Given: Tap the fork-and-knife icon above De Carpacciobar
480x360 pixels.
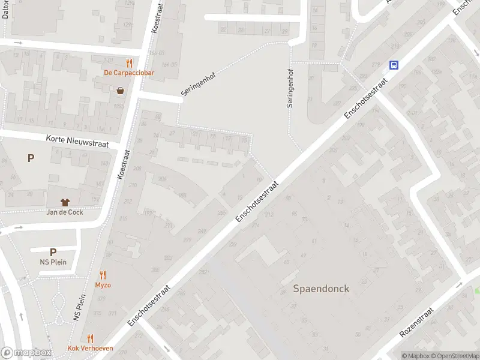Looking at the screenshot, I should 128,62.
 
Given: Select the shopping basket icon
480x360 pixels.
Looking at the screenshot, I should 121,91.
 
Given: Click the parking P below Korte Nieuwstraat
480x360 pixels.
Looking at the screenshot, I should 31,158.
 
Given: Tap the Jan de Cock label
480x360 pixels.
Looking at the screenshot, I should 65,212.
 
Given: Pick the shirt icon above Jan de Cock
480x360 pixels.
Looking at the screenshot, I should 65,202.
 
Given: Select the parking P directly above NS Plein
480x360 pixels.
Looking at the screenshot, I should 53,253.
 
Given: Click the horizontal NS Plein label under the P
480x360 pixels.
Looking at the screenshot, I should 53,262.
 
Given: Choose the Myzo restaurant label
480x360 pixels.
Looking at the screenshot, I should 103,285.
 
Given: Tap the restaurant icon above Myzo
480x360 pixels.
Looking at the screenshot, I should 103,275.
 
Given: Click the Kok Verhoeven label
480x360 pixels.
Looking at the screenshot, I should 90,349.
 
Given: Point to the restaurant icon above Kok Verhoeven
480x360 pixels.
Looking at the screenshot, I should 90,338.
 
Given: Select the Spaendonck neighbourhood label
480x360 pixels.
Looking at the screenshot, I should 321,289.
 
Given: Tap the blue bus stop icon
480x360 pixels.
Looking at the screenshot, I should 394,65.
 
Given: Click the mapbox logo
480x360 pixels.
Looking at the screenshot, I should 25,353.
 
